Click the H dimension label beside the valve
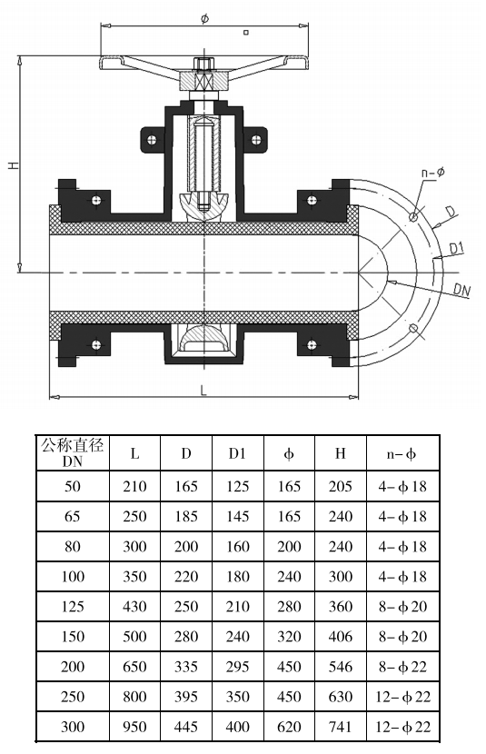click(14, 164)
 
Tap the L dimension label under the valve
click(203, 390)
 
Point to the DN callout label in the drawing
click(462, 290)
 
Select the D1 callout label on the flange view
click(456, 249)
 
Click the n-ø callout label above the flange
click(433, 173)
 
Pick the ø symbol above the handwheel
click(204, 19)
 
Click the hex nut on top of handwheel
click(203, 64)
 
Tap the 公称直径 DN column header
click(73, 452)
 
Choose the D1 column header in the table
click(237, 453)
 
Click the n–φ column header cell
click(402, 453)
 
